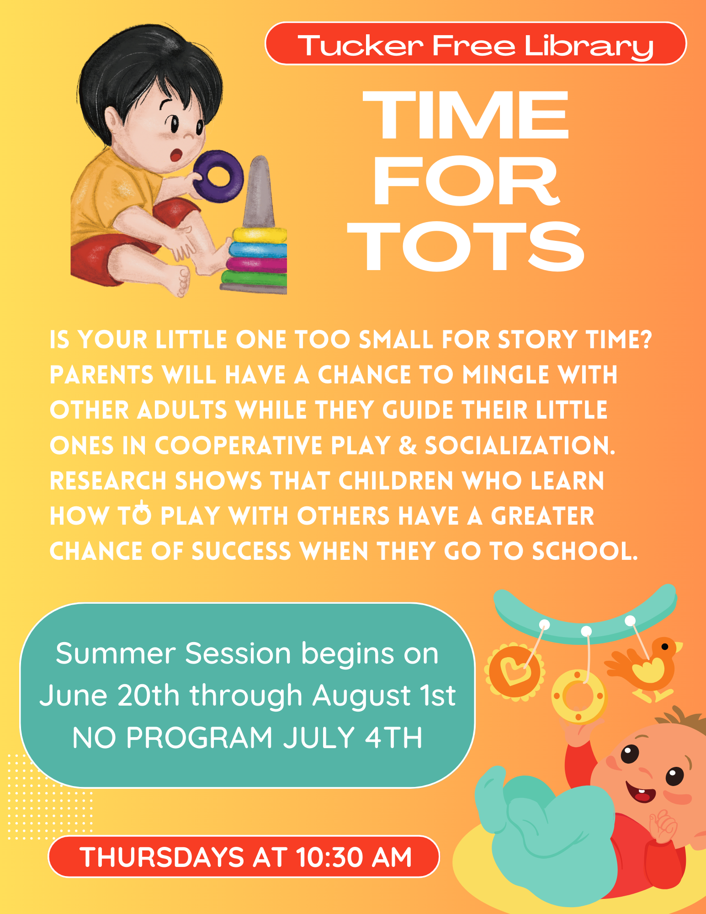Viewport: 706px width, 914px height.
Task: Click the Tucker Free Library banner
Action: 476,44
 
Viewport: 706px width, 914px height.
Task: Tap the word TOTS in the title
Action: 466,246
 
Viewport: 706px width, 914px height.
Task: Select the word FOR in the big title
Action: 466,181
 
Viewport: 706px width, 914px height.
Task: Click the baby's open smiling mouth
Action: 641,793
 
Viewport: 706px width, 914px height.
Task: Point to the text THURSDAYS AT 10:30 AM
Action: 245,857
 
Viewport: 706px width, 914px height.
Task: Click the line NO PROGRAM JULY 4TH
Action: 247,738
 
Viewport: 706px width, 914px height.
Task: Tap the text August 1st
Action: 384,696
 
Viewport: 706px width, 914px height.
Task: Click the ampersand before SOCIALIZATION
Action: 408,446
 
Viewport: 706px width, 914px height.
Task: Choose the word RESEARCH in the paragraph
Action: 108,481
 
